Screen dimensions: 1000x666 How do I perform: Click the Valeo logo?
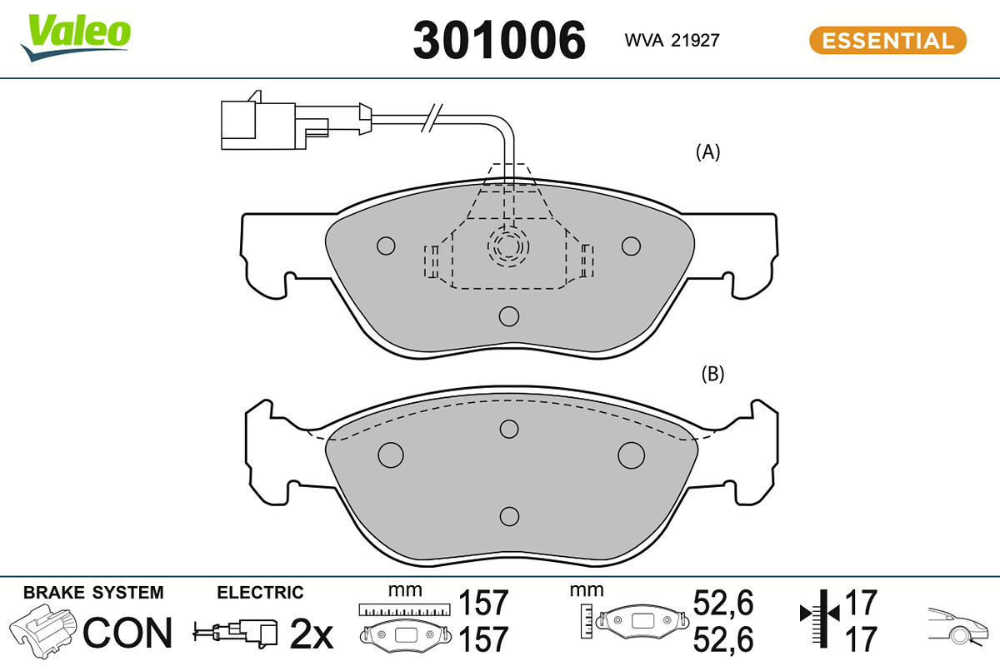76,37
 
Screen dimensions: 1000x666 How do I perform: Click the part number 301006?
499,40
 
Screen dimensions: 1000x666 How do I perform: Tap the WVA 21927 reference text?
672,41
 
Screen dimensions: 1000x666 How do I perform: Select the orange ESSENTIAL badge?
887,41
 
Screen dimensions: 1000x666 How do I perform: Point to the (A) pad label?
708,152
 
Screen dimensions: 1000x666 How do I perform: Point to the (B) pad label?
712,374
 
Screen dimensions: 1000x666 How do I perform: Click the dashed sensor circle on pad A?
508,246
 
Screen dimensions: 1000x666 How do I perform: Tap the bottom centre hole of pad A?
509,316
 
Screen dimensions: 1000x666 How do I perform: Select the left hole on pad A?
386,246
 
